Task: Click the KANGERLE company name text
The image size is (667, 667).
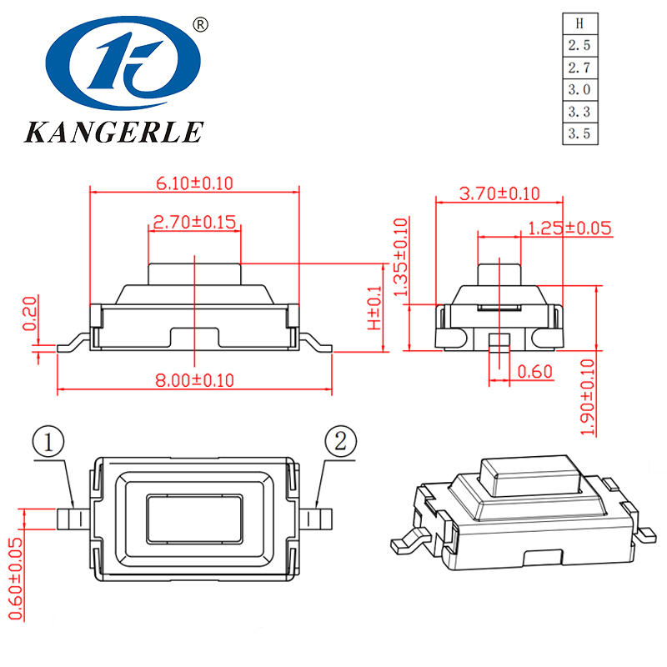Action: [x=114, y=132]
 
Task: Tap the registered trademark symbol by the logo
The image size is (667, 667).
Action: [x=199, y=25]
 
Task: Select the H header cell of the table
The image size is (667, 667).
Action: [x=579, y=24]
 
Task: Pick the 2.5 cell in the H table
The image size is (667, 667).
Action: [x=579, y=46]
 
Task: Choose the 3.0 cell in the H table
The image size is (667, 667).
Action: [x=579, y=89]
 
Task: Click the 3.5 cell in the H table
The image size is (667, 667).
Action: [x=579, y=133]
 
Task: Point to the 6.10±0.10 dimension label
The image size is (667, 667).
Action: [x=193, y=182]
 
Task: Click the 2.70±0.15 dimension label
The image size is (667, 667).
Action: [x=194, y=223]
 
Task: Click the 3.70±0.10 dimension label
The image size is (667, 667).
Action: [x=499, y=193]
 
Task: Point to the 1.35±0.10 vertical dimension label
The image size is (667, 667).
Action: [x=401, y=258]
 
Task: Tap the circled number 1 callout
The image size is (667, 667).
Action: [x=49, y=442]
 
